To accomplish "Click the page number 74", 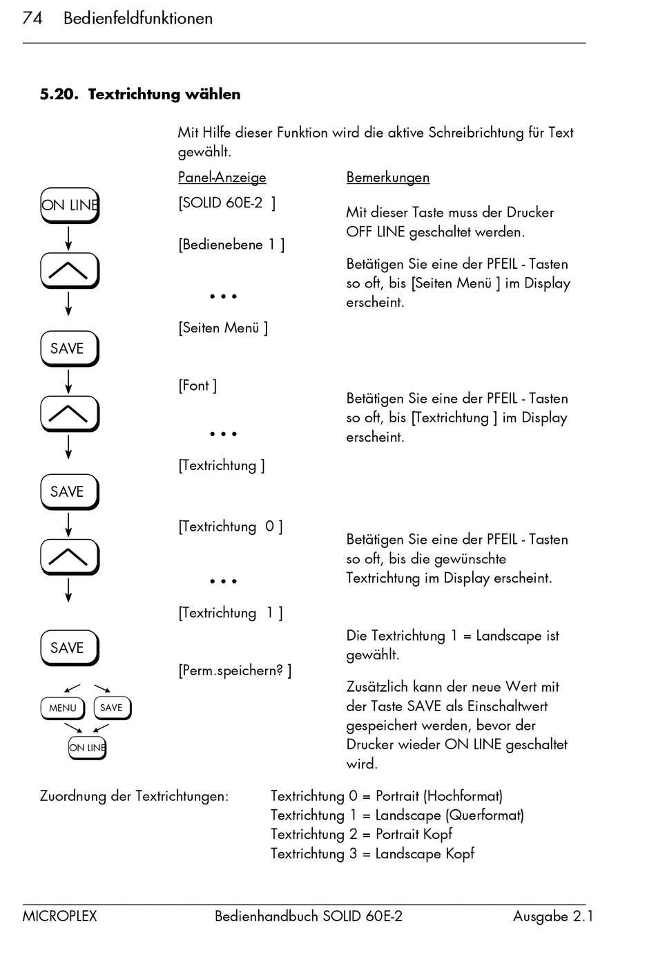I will pyautogui.click(x=32, y=18).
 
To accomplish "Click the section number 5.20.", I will pyautogui.click(x=59, y=94).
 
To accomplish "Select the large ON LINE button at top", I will pyautogui.click(x=69, y=205).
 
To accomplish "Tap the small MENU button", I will pyautogui.click(x=62, y=708).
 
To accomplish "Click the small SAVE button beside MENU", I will pyautogui.click(x=111, y=708).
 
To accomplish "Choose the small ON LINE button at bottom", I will pyautogui.click(x=87, y=747).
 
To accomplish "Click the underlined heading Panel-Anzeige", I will pyautogui.click(x=222, y=178).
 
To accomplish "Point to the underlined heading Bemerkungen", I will pyautogui.click(x=387, y=178).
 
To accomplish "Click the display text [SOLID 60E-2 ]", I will pyautogui.click(x=226, y=203).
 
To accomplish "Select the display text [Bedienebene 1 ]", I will pyautogui.click(x=231, y=245).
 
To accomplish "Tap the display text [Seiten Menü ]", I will pyautogui.click(x=222, y=328).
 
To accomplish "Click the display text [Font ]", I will pyautogui.click(x=197, y=386).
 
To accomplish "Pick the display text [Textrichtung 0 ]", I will pyautogui.click(x=230, y=527).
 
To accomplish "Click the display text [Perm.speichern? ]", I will pyautogui.click(x=234, y=670).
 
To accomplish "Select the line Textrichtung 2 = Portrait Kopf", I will pyautogui.click(x=361, y=834).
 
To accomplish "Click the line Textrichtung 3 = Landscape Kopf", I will pyautogui.click(x=372, y=853).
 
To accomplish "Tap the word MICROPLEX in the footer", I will pyautogui.click(x=59, y=916).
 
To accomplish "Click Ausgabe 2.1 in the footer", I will pyautogui.click(x=552, y=916).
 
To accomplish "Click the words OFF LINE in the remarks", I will pyautogui.click(x=375, y=232).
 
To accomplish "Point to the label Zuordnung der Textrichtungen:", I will pyautogui.click(x=134, y=796).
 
